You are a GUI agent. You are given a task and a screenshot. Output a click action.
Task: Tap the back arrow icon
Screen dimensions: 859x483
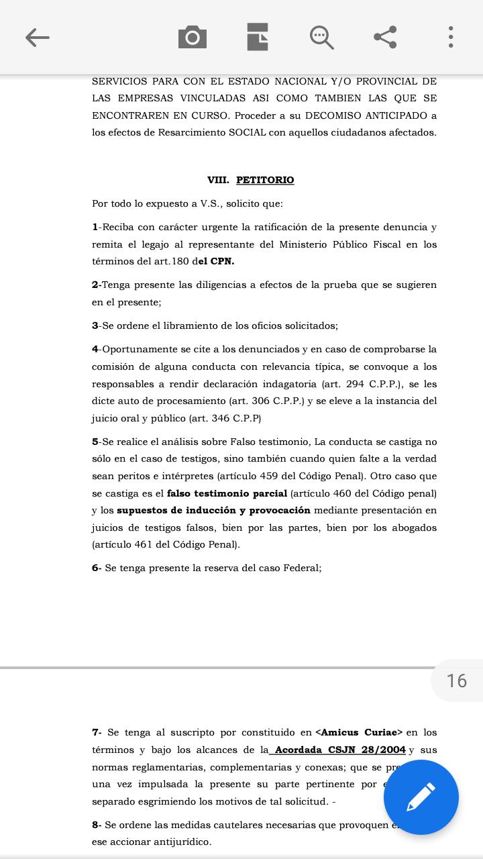click(x=38, y=38)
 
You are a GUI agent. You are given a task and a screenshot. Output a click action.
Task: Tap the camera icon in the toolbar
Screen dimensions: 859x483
click(x=193, y=38)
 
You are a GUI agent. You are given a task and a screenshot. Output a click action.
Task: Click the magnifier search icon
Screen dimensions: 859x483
click(x=321, y=38)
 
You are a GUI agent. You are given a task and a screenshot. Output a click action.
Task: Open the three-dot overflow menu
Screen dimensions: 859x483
click(x=451, y=38)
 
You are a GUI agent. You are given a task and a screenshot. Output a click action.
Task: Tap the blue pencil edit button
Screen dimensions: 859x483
click(x=421, y=797)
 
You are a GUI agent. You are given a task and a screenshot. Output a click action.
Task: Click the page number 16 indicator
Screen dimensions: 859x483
click(x=457, y=680)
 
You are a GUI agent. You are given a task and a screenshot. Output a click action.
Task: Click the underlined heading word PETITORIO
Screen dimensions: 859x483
click(x=265, y=180)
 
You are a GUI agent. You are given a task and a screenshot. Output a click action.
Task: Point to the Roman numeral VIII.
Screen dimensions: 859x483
click(x=218, y=180)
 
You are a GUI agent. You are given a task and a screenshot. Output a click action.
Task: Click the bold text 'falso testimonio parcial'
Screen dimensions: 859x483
click(x=227, y=493)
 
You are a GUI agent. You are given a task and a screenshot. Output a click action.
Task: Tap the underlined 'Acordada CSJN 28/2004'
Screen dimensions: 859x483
click(x=340, y=750)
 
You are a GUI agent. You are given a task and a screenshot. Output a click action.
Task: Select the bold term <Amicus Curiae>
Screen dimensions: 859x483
click(x=359, y=732)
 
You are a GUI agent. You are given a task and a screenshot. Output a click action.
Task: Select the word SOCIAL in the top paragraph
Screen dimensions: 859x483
click(x=247, y=132)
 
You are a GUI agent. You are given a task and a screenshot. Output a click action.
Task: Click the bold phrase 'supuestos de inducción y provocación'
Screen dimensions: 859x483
click(x=213, y=510)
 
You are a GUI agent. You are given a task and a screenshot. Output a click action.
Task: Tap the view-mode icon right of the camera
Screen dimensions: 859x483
click(x=258, y=38)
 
